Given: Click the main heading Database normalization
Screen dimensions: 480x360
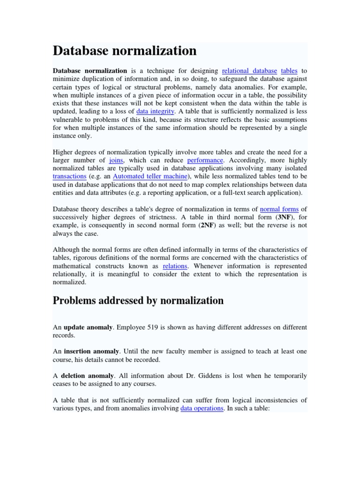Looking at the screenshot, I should (x=124, y=50).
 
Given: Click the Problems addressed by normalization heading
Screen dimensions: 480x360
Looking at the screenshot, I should (x=138, y=300).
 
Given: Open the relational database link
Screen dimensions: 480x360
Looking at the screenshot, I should (x=249, y=71).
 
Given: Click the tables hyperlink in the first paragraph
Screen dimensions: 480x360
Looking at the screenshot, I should (x=289, y=71).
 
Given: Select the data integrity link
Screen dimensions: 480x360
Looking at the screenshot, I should (x=155, y=112).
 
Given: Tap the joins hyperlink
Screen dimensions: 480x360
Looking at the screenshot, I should (x=116, y=160).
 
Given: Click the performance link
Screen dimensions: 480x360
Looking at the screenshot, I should (x=202, y=160).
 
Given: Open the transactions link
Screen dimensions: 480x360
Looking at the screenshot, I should (x=69, y=176).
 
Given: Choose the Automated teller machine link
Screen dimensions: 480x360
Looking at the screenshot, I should (x=150, y=176).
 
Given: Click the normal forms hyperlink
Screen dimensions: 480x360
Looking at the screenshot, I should (x=279, y=209).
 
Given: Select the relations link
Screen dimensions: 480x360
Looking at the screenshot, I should (x=175, y=266).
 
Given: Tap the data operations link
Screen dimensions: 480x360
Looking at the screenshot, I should (x=202, y=408).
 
